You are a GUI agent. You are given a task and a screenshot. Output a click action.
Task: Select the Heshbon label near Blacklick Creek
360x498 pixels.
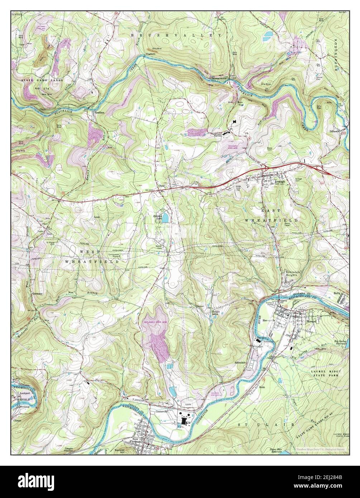click(99, 112)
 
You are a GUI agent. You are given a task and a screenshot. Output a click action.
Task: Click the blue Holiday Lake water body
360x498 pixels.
click(165, 217)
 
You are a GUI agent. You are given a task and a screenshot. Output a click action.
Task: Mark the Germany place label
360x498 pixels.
click(37, 293)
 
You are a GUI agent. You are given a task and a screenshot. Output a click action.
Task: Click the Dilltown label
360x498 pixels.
click(336, 131)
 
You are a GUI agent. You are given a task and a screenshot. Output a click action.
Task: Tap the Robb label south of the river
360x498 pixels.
click(262, 387)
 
